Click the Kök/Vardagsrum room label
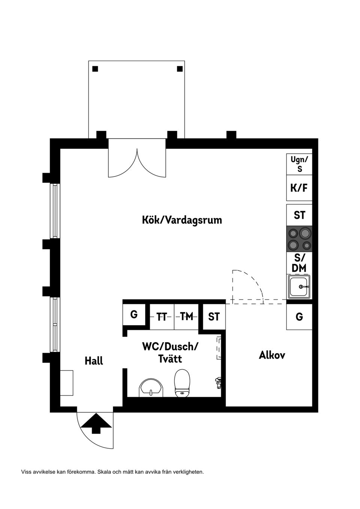[x=182, y=220]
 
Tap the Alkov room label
[x=272, y=355]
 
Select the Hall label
[x=94, y=361]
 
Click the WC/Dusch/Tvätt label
[x=170, y=352]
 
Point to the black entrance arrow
[x=96, y=423]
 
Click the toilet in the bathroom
[x=182, y=383]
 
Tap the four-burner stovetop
[x=299, y=239]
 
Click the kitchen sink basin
[x=299, y=287]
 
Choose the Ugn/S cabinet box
[x=299, y=164]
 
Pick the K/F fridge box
[x=299, y=188]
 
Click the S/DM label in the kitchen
[x=299, y=263]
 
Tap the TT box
[x=162, y=317]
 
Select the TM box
[x=186, y=317]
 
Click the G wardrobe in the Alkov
[x=299, y=317]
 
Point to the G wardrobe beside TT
[x=134, y=314]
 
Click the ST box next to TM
[x=214, y=317]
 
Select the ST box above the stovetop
[x=299, y=215]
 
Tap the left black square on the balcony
[x=95, y=69]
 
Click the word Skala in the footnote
[x=105, y=472]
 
